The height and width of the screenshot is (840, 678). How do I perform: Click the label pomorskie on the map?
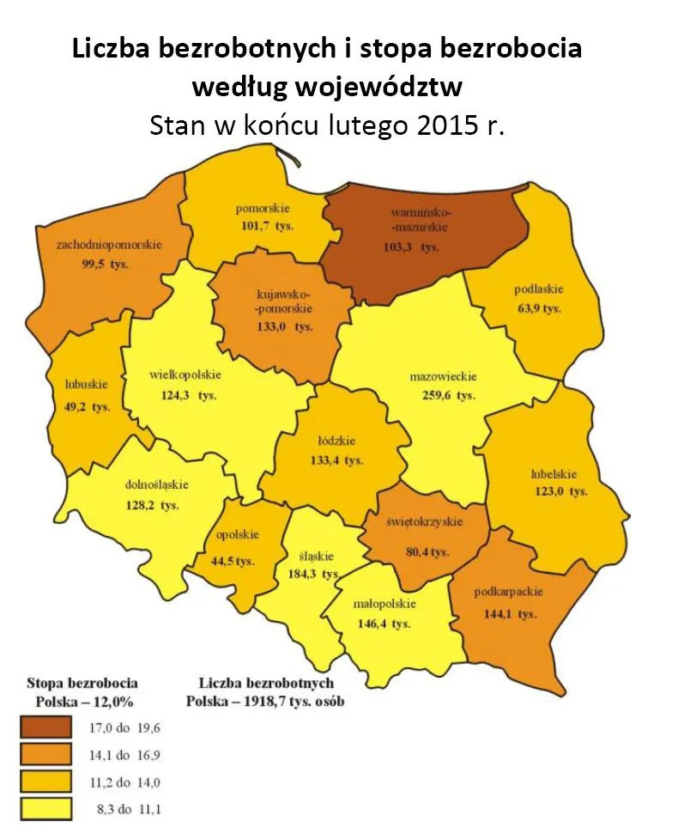coord(263,209)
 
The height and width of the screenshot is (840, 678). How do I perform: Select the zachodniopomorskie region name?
coord(109,245)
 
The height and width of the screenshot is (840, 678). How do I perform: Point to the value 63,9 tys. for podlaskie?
coord(537,308)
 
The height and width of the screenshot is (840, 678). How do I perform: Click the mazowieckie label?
coord(443,376)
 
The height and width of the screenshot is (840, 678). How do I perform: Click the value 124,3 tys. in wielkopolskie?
coord(184,395)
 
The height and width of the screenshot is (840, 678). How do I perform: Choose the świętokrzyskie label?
coord(423,521)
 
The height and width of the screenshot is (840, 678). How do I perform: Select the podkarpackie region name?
coord(508,591)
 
